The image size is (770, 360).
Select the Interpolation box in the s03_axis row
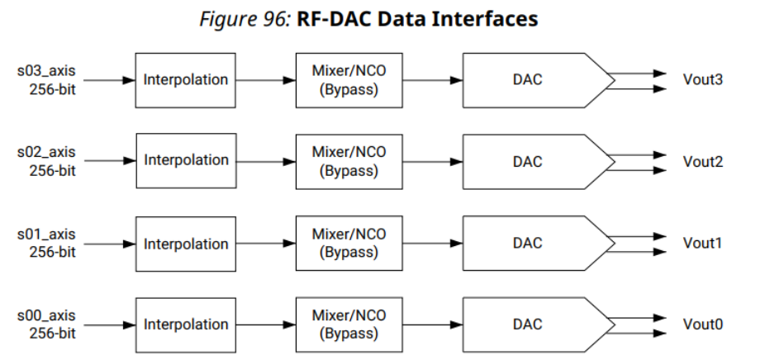point(185,80)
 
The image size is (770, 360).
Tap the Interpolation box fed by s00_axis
point(185,324)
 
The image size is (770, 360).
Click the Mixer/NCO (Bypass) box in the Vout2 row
point(348,162)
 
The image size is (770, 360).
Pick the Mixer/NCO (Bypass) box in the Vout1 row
point(348,243)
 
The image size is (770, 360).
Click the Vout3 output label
point(702,81)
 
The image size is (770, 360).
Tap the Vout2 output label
point(702,162)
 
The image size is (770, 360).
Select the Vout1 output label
point(702,244)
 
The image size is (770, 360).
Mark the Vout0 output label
point(702,324)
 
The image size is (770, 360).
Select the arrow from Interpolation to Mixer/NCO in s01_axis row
point(265,244)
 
